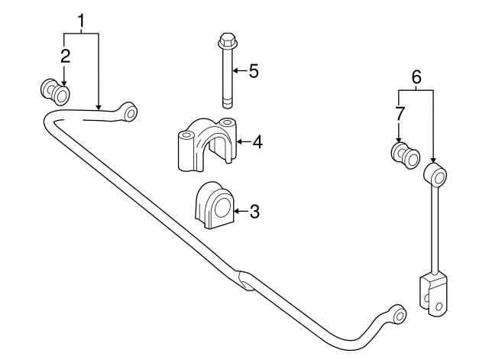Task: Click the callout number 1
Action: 81,21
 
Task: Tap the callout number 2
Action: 65,56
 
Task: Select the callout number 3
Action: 254,212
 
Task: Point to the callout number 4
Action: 257,142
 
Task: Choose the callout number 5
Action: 254,71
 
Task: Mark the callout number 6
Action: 416,76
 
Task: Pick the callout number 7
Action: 400,114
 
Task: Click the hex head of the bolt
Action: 227,40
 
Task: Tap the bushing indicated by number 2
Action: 55,92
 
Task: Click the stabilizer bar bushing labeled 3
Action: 214,205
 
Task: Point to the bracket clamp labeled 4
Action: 207,144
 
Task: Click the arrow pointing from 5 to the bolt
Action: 240,71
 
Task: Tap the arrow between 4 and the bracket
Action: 244,142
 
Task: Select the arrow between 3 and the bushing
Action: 241,212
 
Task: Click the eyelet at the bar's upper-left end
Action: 131,112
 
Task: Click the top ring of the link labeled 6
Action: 436,174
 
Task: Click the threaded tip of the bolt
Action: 228,104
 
